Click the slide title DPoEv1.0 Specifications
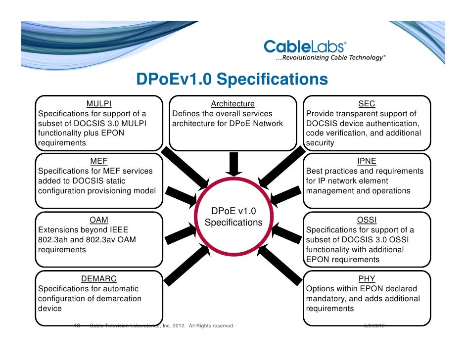(x=232, y=80)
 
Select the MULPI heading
(x=99, y=104)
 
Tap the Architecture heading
(x=233, y=104)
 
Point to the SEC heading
(x=367, y=104)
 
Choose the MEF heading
(x=99, y=161)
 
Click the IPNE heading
(x=367, y=161)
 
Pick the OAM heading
(x=99, y=220)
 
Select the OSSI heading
(x=367, y=220)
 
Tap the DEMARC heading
(x=99, y=279)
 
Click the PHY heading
(x=367, y=279)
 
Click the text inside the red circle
(x=233, y=217)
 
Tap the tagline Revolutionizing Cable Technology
(x=330, y=58)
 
